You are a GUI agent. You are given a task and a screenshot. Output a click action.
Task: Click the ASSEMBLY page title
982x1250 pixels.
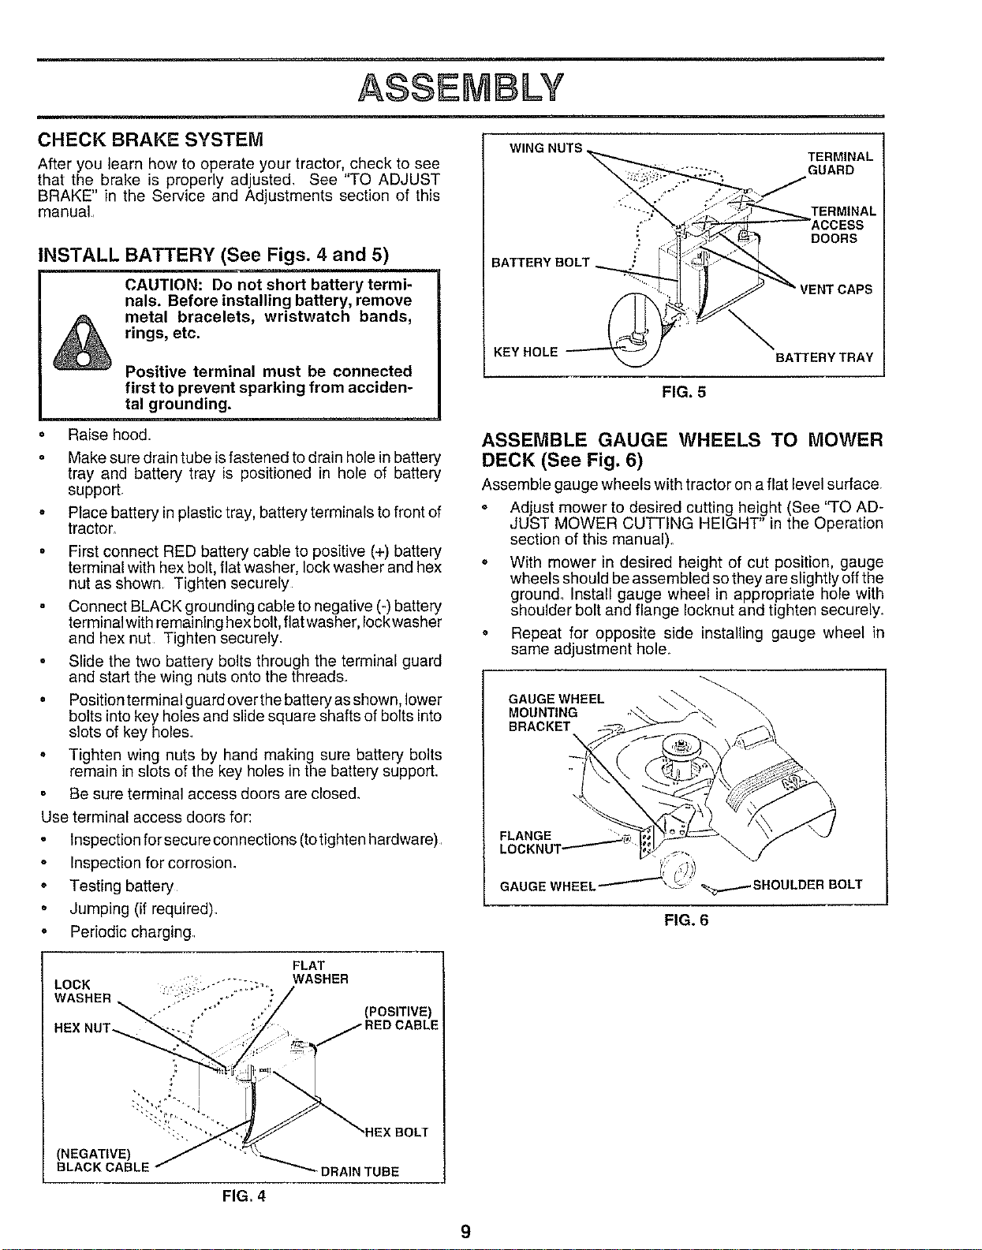461,88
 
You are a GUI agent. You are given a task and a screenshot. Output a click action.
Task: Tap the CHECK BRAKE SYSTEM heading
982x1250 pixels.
150,140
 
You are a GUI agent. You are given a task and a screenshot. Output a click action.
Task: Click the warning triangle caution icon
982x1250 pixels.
82,341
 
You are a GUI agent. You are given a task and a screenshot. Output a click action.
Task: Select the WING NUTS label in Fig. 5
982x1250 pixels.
546,147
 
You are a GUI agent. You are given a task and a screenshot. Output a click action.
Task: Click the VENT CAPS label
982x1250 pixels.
836,289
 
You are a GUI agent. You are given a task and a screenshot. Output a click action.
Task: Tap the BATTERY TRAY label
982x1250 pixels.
824,357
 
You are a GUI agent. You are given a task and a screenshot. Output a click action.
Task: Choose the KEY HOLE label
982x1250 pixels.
526,352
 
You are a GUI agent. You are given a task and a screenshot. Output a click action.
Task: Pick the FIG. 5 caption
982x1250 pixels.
683,392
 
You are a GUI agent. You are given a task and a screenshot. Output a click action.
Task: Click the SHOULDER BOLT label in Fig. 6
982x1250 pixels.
807,884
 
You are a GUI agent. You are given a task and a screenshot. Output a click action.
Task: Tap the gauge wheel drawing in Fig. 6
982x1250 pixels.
678,871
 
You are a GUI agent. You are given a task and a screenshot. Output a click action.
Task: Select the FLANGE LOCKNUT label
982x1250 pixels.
530,842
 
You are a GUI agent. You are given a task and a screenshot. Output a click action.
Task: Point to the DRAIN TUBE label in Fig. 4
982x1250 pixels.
360,1172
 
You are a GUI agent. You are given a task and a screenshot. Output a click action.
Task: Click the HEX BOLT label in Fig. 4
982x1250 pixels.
397,1132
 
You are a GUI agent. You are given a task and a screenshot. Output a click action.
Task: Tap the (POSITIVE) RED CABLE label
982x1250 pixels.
401,1018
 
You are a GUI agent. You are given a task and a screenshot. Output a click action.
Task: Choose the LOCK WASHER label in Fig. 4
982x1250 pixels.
82,991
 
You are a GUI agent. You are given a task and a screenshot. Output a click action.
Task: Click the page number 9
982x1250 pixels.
465,1232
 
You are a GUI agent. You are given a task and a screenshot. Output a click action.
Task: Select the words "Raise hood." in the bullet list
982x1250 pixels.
110,435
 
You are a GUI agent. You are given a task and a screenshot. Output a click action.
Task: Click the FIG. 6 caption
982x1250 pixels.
686,920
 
